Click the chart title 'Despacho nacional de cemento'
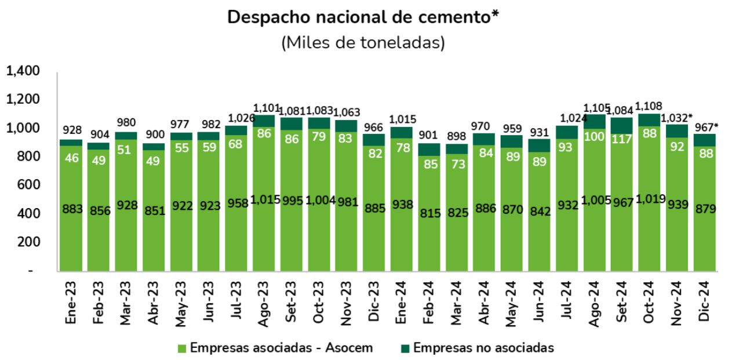click(363, 17)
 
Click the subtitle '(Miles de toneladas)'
click(363, 43)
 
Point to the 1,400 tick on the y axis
click(23, 71)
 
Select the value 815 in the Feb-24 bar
click(429, 213)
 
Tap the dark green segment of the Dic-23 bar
click(374, 140)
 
